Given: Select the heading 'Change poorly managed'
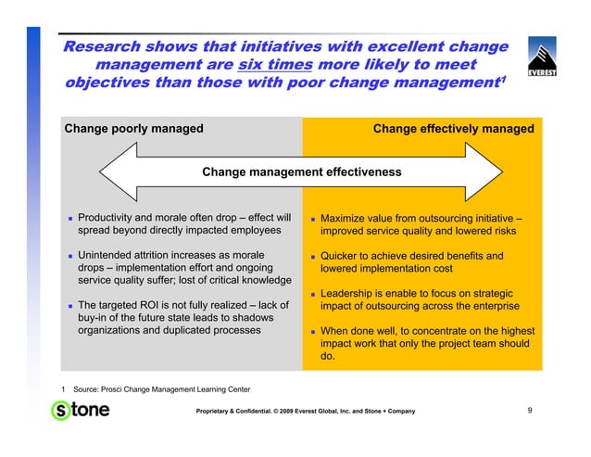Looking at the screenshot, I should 133,129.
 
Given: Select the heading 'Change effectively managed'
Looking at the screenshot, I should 453,129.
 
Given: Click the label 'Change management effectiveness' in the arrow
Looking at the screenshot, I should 301,172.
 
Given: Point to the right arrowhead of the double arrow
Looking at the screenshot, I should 490,171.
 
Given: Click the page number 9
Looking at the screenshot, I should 529,410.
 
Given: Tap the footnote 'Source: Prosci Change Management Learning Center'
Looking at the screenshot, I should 154,387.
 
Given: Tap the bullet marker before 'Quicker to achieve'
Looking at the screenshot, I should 313,257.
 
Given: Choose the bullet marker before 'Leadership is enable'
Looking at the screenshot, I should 313,294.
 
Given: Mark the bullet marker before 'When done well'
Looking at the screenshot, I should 313,331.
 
